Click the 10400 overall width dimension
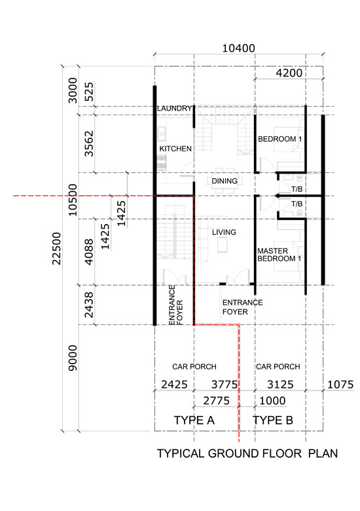tap(238, 48)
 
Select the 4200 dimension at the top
tap(289, 73)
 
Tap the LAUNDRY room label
tap(174, 108)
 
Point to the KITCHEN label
tap(175, 149)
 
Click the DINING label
tap(225, 181)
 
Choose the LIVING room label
tap(224, 232)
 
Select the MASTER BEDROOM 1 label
tap(279, 255)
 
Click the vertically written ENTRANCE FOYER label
tap(176, 305)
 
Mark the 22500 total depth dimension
tap(57, 248)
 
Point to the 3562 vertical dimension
tap(89, 143)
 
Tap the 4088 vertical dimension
tap(89, 252)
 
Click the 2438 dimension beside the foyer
tap(89, 305)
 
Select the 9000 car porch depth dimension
tap(73, 358)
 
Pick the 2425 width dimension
tap(175, 385)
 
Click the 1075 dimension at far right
tap(340, 385)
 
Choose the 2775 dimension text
tap(217, 400)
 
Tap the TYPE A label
tap(194, 420)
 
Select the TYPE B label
tap(273, 420)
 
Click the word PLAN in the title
tap(323, 453)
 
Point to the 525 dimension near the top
tap(89, 92)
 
